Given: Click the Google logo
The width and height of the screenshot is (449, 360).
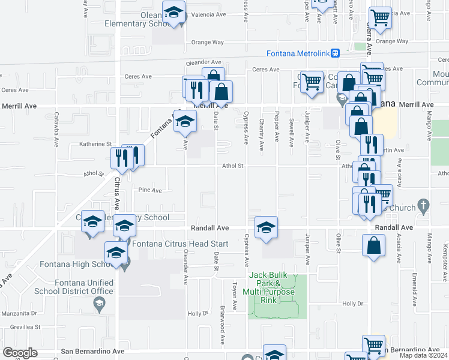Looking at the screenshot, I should tap(20, 352).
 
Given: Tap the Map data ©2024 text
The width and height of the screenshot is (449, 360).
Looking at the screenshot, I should tap(424, 355).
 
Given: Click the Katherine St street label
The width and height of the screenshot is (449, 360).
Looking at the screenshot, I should tap(96, 144).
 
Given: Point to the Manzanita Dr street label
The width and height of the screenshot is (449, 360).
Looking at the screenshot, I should tap(19, 313).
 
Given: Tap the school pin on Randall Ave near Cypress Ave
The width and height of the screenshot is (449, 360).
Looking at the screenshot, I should tap(266, 227).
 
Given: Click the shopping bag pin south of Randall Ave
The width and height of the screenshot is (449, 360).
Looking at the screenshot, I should tap(373, 245).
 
